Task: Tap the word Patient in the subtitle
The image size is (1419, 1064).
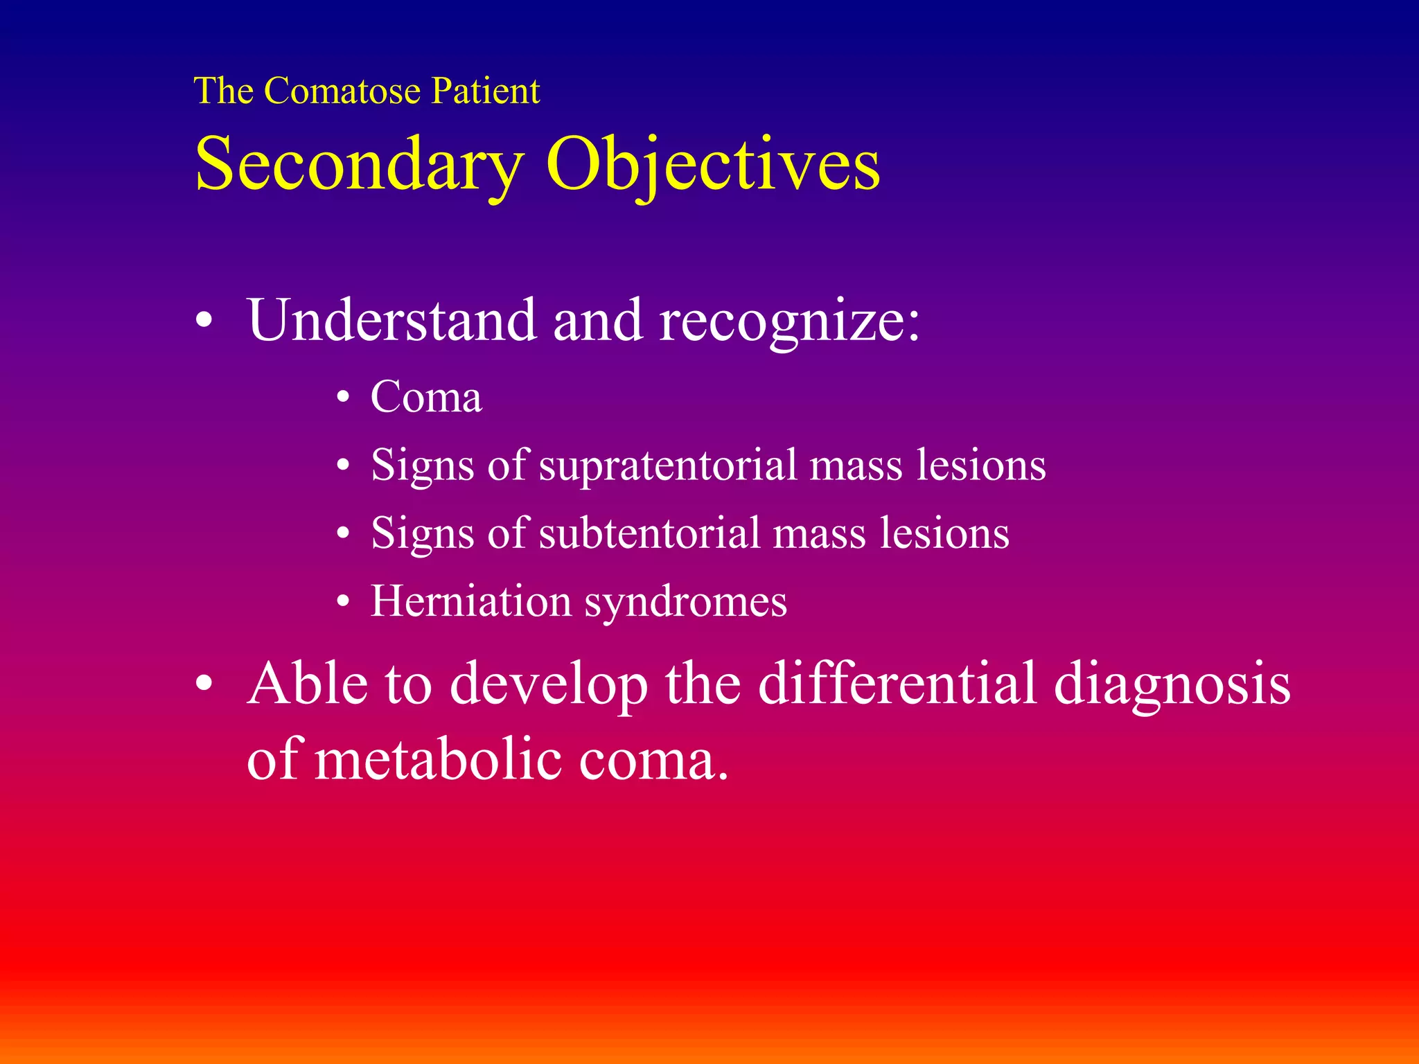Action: (x=485, y=91)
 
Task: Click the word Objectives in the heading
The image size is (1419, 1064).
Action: (x=713, y=165)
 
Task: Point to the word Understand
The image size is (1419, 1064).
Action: (x=392, y=320)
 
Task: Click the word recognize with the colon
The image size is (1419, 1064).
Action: (x=789, y=320)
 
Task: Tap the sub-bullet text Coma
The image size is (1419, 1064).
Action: (x=426, y=398)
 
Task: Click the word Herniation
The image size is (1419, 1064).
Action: (x=471, y=601)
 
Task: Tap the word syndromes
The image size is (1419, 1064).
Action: (x=686, y=602)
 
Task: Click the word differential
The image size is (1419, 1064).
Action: (x=897, y=684)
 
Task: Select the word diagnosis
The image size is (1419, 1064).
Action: (x=1172, y=684)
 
